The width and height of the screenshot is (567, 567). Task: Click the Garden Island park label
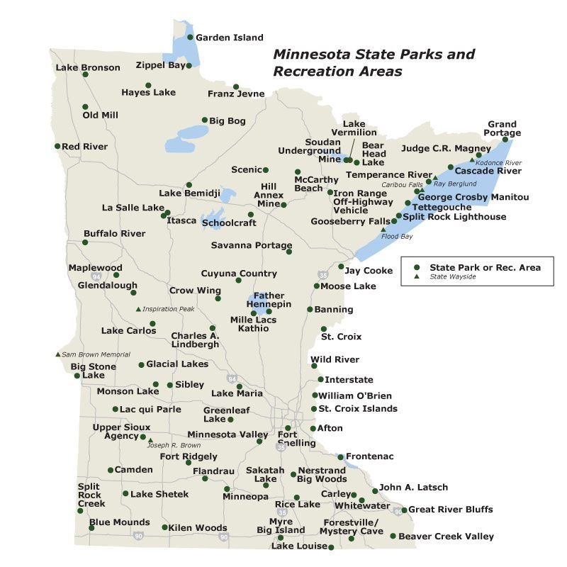[229, 38]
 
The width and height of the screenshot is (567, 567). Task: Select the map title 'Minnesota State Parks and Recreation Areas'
[374, 62]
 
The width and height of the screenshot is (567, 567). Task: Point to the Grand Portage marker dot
[505, 140]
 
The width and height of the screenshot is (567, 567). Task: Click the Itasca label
[181, 220]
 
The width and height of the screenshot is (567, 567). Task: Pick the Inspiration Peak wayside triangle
[138, 309]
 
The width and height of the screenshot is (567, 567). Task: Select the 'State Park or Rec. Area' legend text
[485, 267]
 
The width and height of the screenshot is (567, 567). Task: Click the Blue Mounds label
[119, 523]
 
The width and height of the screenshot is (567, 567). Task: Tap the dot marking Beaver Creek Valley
[393, 537]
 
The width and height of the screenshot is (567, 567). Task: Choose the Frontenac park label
[369, 456]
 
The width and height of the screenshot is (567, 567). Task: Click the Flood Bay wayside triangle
[383, 230]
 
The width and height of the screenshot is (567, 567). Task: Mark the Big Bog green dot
[205, 120]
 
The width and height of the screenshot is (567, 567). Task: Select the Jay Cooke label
[368, 270]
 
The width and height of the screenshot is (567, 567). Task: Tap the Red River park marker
[57, 146]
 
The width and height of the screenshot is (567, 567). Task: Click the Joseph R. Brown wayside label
[174, 445]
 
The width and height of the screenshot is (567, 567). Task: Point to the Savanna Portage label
[252, 245]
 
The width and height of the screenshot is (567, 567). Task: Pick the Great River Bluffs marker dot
[404, 510]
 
